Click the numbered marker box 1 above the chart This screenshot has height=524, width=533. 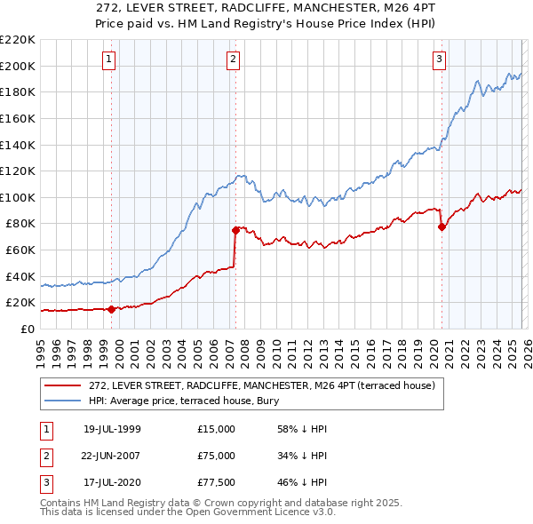pos(108,60)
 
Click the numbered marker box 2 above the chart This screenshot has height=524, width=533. pos(233,60)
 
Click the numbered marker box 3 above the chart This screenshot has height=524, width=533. pos(439,60)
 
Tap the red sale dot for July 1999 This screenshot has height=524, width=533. pos(111,309)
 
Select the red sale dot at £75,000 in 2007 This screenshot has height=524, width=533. pos(236,229)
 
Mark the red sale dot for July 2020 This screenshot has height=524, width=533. pos(442,226)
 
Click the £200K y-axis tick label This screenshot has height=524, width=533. pos(18,66)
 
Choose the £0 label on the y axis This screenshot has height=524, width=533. pos(28,329)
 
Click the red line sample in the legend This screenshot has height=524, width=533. pos(64,385)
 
